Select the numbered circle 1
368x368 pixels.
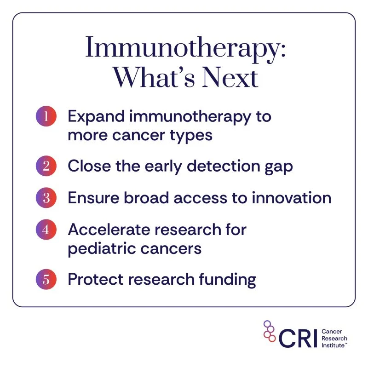click(46, 116)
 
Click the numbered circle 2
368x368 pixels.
click(46, 166)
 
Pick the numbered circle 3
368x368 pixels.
click(46, 198)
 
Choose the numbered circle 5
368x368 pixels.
click(46, 280)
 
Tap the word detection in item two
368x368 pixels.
click(217, 167)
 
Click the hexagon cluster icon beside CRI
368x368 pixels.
click(270, 332)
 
